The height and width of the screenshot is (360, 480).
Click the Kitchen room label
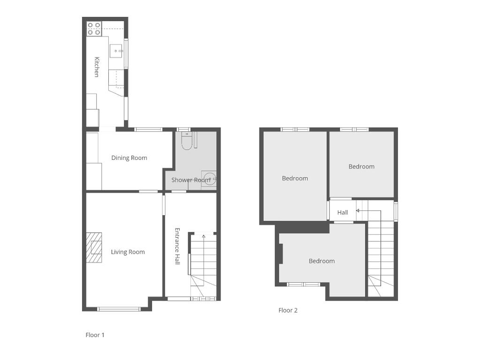(97, 67)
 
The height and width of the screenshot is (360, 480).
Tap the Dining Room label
(129, 158)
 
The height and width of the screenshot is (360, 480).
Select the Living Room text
(128, 252)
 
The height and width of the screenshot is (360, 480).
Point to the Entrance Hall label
(177, 246)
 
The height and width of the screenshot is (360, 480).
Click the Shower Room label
(190, 180)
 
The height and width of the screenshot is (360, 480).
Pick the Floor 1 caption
(95, 335)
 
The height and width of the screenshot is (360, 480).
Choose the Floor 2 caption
(288, 310)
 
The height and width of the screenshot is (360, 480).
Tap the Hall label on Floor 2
(343, 212)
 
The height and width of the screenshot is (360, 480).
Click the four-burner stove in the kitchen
(94, 29)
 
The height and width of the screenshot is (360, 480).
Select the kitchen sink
(116, 51)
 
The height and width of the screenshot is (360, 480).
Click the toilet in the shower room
(186, 141)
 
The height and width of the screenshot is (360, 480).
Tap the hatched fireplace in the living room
(94, 248)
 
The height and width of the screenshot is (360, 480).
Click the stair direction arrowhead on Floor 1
(204, 236)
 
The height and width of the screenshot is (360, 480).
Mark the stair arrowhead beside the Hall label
(357, 210)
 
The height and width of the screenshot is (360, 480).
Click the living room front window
(119, 309)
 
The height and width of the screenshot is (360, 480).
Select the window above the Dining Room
(148, 129)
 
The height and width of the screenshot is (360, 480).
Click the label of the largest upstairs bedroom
(295, 178)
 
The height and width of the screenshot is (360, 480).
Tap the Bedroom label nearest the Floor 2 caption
(321, 261)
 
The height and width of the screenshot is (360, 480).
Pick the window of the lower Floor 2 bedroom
(304, 285)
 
